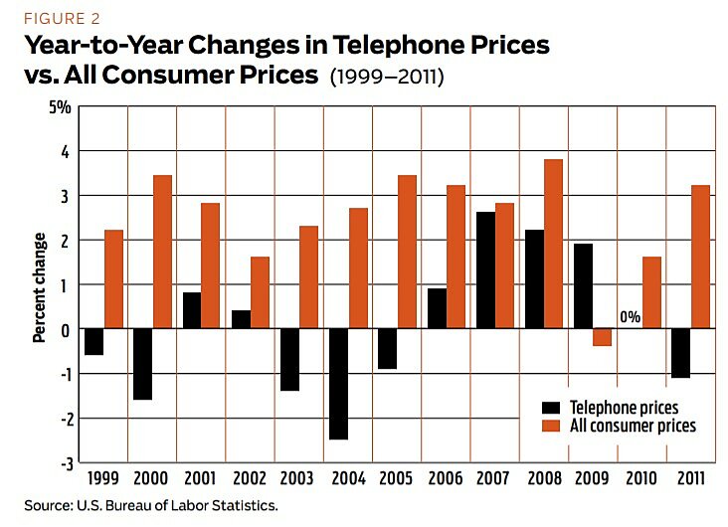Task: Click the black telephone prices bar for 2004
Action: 339,384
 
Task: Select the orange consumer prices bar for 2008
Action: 554,244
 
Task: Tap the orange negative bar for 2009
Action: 603,337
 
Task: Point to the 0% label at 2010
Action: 631,316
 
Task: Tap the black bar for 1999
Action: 93,341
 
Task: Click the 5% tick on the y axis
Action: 59,106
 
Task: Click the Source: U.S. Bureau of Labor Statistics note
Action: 152,505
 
